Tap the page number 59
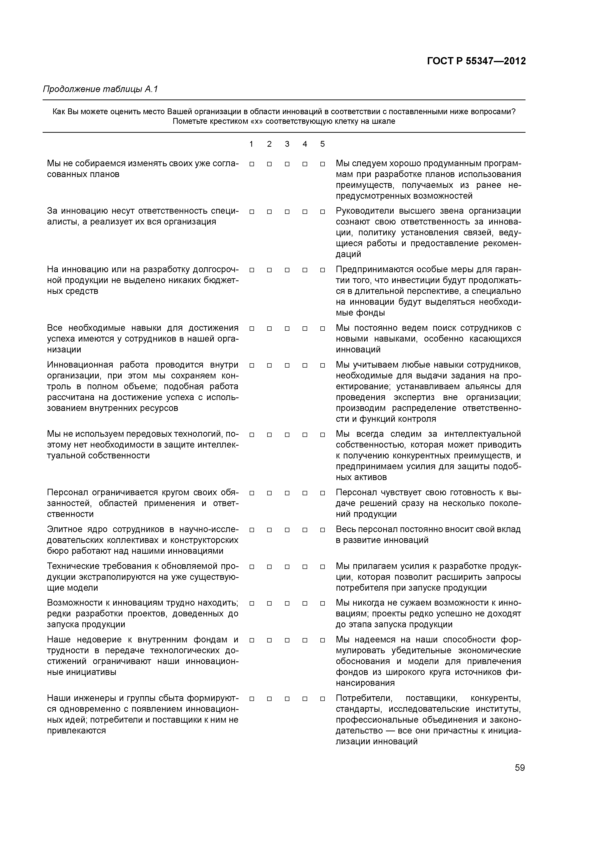(520, 768)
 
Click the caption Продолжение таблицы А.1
(100, 89)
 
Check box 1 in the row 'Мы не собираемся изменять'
(252, 164)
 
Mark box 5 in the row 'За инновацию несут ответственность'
(323, 212)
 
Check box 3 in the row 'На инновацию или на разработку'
(287, 270)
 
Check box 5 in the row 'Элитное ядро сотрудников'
(323, 530)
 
